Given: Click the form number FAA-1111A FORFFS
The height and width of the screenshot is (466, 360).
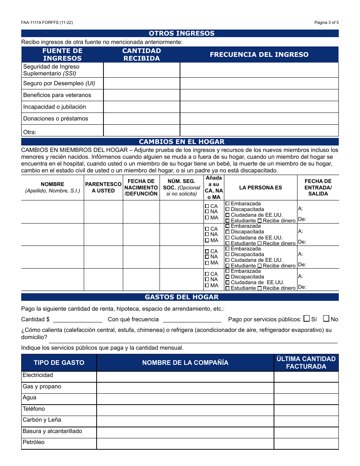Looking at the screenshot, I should (47, 22).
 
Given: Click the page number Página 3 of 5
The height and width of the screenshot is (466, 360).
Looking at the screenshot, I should (326, 22).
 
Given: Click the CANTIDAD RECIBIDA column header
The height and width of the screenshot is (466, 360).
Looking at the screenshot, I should (141, 55).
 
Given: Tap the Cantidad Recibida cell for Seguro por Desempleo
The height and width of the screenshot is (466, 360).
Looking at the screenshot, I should (141, 83).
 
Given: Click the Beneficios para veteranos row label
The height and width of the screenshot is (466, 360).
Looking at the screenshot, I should (57, 95).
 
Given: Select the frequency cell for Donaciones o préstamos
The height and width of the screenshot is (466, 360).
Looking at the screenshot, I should (259, 119).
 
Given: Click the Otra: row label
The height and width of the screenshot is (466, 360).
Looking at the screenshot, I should (30, 132).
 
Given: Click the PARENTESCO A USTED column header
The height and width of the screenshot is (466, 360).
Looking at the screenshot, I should (103, 188).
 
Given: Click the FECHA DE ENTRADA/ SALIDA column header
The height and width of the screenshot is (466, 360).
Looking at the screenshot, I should (318, 188).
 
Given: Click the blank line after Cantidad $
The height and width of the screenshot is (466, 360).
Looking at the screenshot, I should (77, 319).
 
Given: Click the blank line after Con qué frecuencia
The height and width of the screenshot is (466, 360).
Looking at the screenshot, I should (192, 319).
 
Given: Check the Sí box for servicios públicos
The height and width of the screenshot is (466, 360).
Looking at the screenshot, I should (307, 319).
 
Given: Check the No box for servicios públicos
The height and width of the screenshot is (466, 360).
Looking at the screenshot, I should (326, 319).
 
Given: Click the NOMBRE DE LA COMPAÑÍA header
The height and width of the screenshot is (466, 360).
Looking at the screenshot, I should (185, 363).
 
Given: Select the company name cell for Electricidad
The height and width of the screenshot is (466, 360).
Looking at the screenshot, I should (185, 377).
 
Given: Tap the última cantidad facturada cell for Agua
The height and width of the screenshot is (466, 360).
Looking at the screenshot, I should (306, 399).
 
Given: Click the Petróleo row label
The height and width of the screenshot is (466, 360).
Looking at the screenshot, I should (33, 442).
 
